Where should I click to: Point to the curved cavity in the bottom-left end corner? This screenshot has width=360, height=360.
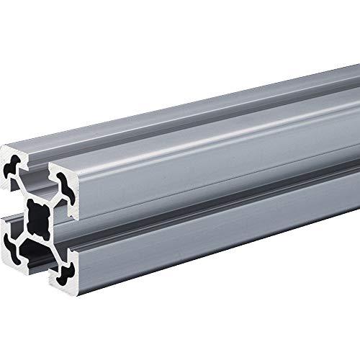(x=14, y=231)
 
